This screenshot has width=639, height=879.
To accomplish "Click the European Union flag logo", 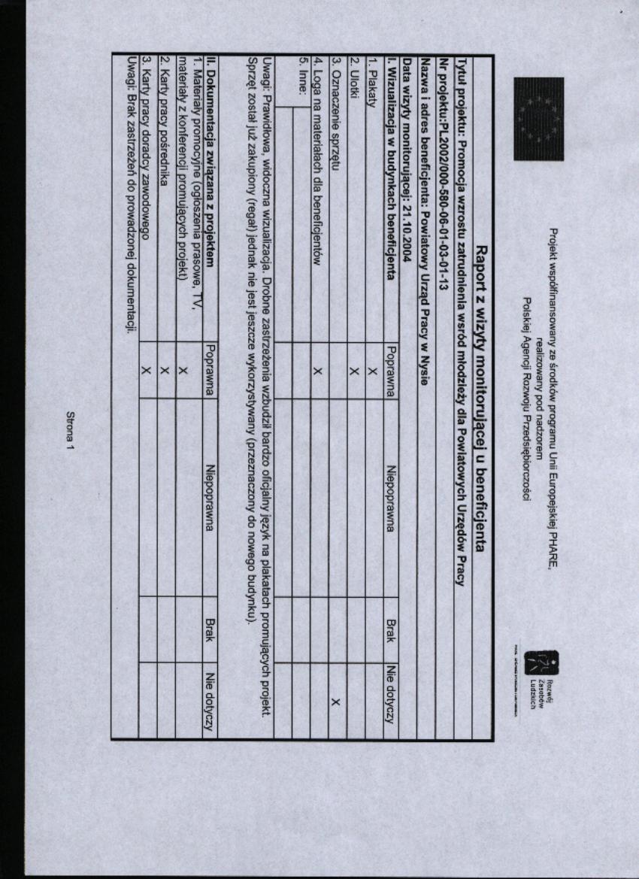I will coord(538,119).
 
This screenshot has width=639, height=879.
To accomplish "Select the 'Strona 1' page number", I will coord(72,429).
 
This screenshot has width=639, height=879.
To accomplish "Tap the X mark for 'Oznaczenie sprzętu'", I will coord(335,702).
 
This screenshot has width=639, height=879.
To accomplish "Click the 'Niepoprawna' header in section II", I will coord(210,496).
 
